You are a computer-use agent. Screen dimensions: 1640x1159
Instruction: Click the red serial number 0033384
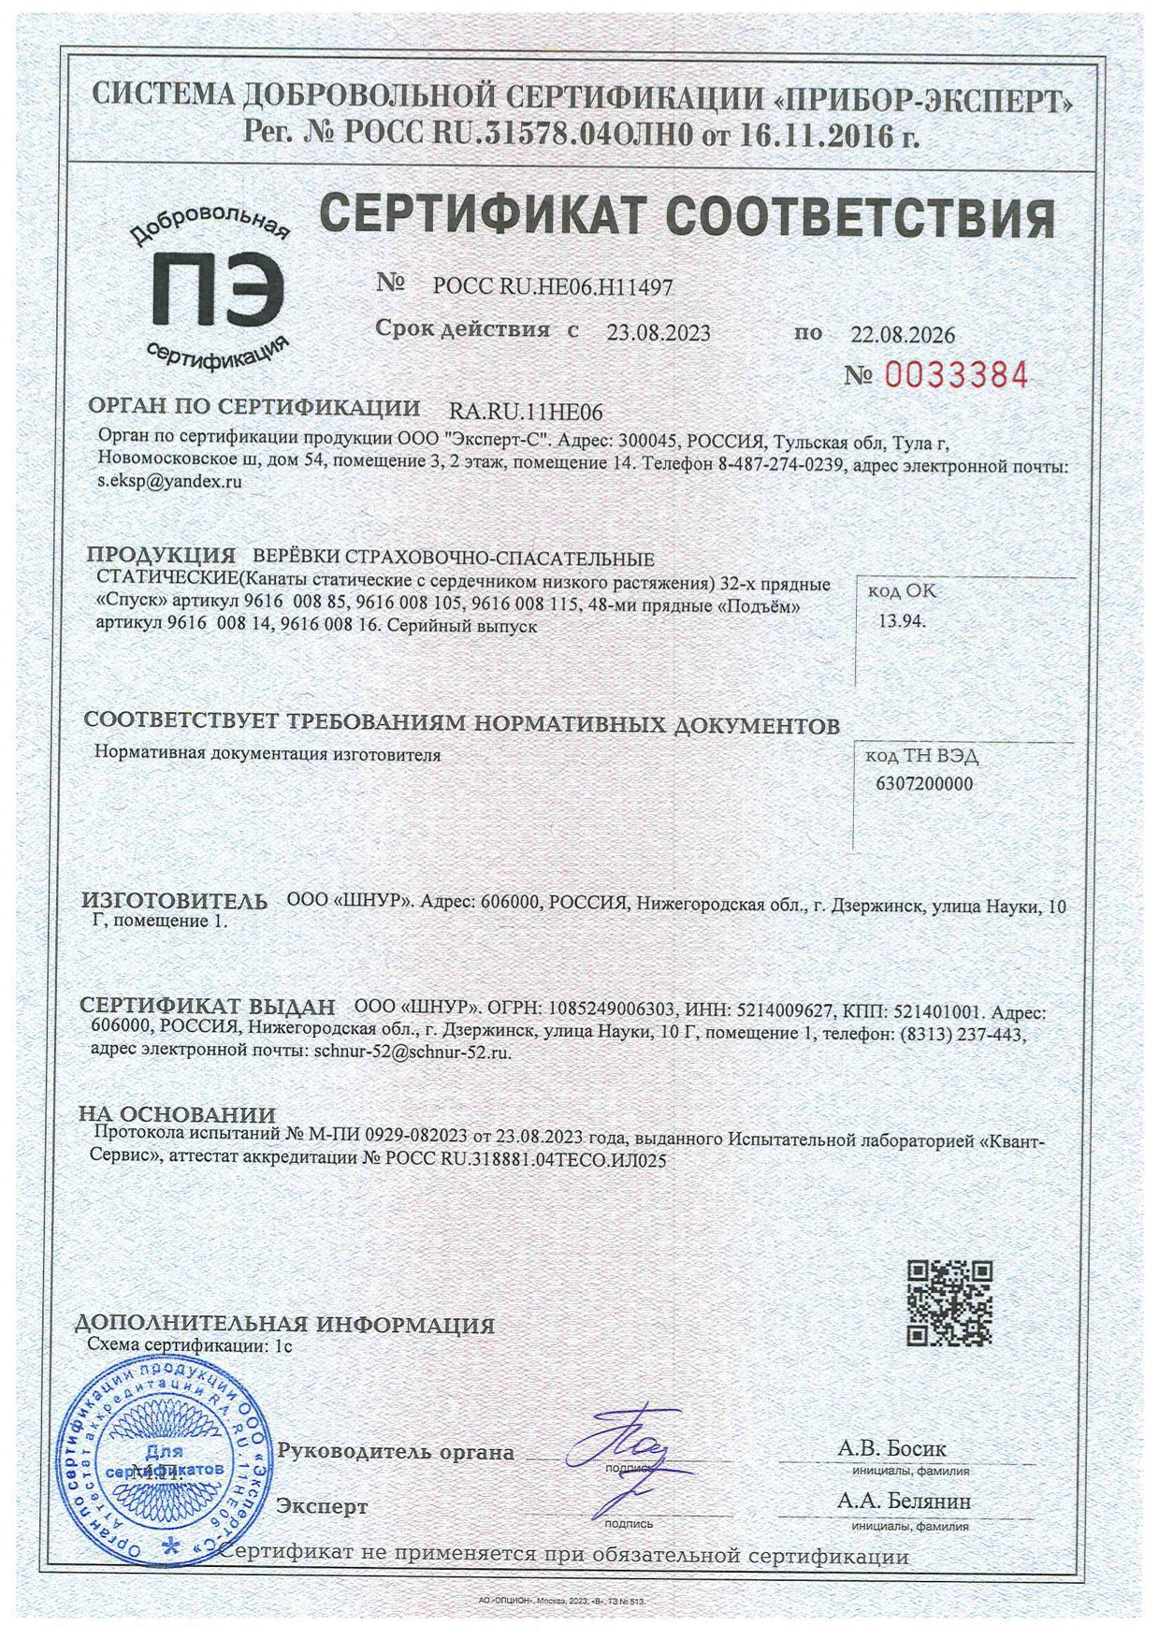click(x=955, y=375)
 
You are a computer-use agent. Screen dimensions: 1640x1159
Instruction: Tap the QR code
click(x=949, y=1302)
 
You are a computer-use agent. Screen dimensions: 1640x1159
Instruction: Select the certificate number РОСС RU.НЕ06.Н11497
click(x=552, y=287)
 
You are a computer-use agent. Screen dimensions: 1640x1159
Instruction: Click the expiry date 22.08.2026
click(x=902, y=335)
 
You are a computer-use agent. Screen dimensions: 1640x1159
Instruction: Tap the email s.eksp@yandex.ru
click(x=170, y=482)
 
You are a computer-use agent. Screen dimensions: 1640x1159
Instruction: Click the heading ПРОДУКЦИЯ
click(x=161, y=555)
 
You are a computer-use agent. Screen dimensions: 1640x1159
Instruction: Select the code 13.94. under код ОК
click(x=901, y=620)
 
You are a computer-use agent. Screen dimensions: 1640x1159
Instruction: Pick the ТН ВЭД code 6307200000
click(x=923, y=784)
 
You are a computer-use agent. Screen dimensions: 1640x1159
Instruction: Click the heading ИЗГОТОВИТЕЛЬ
click(x=174, y=902)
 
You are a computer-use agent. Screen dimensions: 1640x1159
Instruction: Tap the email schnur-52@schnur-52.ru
click(x=413, y=1052)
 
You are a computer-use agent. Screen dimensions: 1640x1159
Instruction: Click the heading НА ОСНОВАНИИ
click(x=177, y=1114)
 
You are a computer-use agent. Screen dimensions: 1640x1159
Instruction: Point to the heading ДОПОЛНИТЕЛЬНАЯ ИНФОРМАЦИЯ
click(x=284, y=1325)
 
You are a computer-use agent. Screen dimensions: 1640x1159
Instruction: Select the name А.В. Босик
click(x=891, y=1448)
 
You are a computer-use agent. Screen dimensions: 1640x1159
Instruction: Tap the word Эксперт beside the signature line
click(x=321, y=1506)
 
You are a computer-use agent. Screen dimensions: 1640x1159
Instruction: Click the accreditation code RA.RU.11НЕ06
click(x=526, y=412)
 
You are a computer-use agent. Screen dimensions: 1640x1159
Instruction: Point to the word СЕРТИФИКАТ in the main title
click(x=483, y=217)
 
